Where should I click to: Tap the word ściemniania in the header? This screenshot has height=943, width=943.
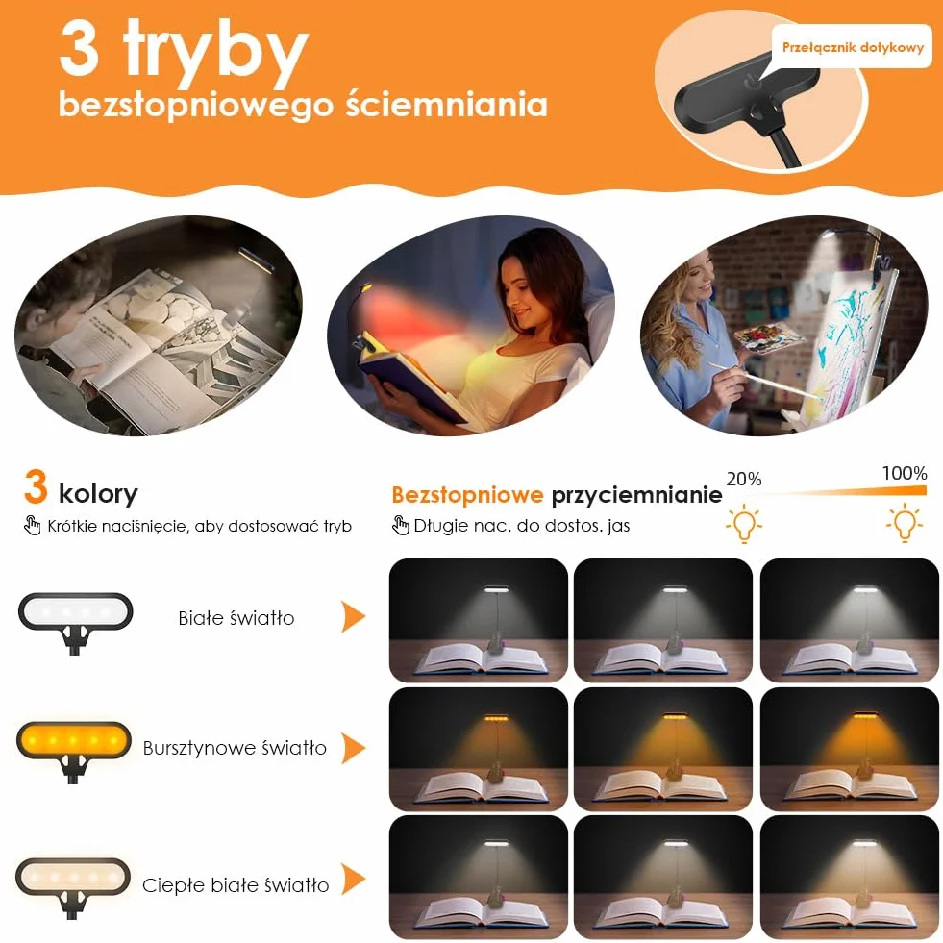tap(446, 104)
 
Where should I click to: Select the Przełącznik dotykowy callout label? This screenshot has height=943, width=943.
tap(853, 47)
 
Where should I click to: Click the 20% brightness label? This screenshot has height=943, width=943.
tap(744, 479)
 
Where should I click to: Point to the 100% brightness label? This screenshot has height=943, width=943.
tap(905, 473)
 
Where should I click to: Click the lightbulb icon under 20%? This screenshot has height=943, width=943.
tap(744, 523)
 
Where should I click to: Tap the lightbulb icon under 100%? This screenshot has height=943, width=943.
tap(904, 523)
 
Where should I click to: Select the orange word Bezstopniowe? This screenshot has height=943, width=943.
tap(467, 494)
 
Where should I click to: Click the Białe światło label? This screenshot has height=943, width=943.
tap(236, 618)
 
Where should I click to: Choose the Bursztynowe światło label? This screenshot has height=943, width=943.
tap(235, 748)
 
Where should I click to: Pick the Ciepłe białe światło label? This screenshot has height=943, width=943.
tap(236, 884)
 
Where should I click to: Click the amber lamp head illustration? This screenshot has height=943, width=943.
tap(74, 751)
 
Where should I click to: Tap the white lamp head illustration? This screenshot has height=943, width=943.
tap(75, 623)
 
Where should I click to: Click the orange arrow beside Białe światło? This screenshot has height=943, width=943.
tap(354, 616)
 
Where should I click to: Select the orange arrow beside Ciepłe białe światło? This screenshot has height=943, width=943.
tap(354, 879)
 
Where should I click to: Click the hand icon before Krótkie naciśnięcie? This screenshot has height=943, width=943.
tap(32, 525)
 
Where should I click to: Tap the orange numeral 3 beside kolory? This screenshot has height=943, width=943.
tap(36, 486)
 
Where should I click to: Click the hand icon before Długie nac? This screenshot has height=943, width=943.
tap(400, 525)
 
